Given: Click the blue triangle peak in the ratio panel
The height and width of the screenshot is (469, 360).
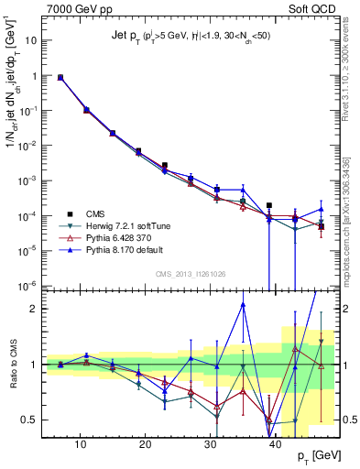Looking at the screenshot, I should point(243,304).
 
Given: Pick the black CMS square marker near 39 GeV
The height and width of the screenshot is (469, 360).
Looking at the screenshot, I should point(268,205).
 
